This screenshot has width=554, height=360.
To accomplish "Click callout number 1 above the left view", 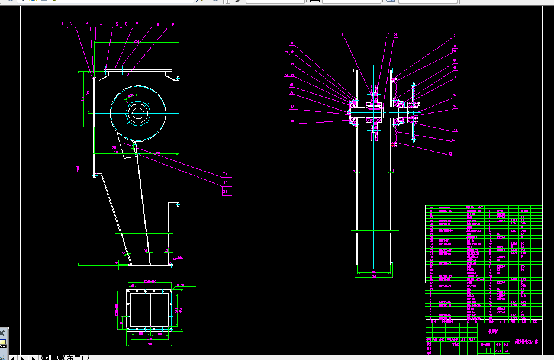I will point(62,24).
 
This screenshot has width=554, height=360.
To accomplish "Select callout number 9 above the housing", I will point(173,24).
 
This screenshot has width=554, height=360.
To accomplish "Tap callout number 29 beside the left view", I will point(225,173).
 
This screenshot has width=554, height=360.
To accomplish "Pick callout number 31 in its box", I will point(225,192).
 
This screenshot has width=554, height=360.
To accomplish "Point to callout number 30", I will point(225,183).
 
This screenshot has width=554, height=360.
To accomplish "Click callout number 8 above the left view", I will point(157,24).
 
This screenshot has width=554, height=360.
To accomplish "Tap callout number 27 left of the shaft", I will point(292,107).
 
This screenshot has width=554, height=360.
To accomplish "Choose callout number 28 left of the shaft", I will point(292,121).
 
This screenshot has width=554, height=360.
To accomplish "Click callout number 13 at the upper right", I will point(455,36).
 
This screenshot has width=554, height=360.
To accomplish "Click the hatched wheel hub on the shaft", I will point(373,113).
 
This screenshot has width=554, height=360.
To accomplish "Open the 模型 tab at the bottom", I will point(53,357).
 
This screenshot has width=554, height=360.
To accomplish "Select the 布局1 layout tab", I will point(76,357).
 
